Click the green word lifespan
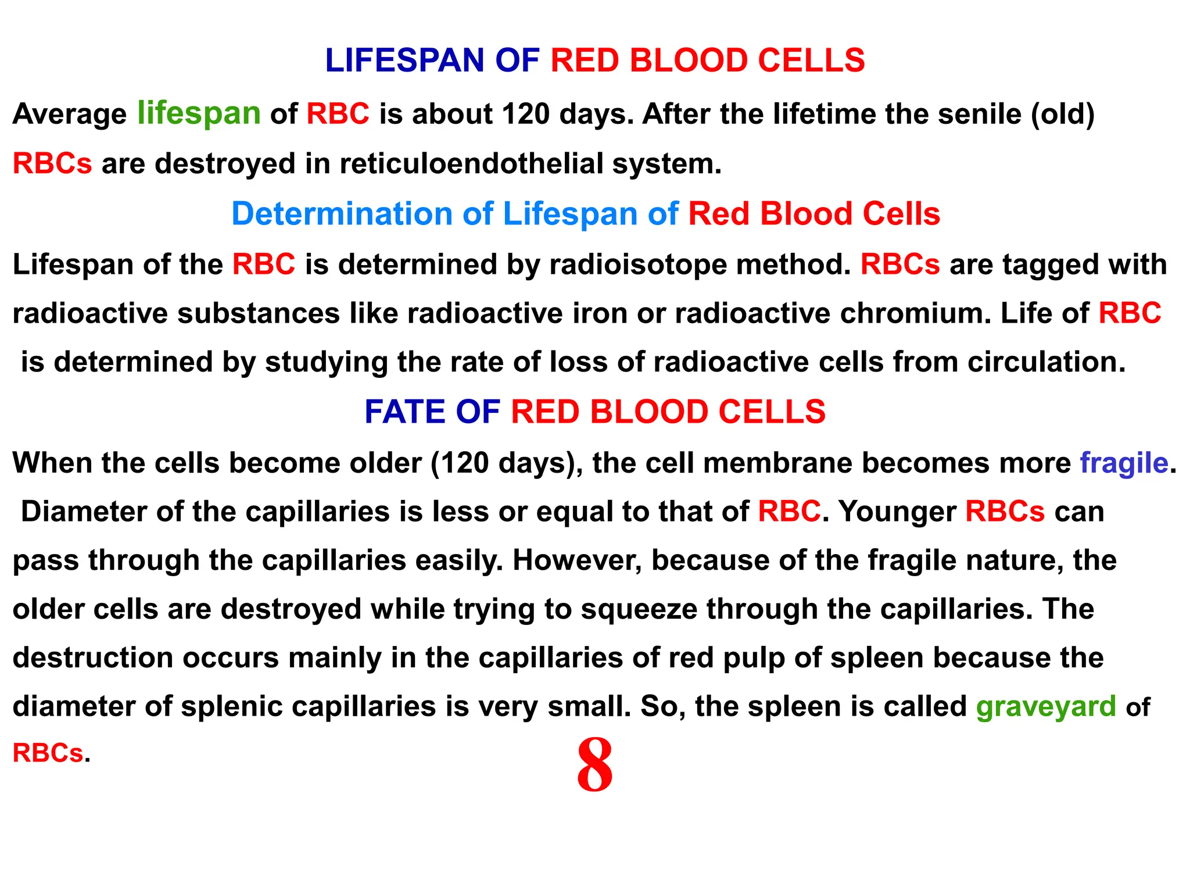(199, 113)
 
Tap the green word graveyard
(1046, 707)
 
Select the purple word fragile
(1124, 463)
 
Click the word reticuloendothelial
(471, 163)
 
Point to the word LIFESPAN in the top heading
(404, 60)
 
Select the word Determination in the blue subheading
(342, 214)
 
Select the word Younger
(897, 512)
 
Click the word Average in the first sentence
(70, 114)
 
